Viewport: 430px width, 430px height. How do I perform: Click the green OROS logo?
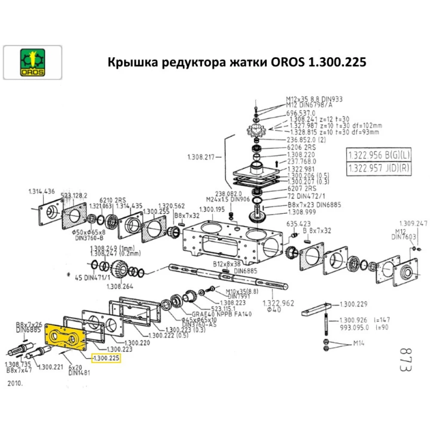(32, 63)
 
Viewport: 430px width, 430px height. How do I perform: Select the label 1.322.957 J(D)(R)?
(378, 168)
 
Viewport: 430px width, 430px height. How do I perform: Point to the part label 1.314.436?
(41, 191)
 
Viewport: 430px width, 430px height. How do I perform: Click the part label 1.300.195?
(212, 209)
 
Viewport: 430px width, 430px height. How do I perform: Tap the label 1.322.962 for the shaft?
(278, 303)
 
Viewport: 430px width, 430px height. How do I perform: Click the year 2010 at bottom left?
(15, 382)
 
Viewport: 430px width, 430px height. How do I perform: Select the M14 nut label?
(359, 343)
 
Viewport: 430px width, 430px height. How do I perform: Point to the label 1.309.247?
(413, 223)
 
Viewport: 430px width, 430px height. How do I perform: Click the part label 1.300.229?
(353, 304)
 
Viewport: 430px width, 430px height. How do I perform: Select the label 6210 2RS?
(113, 200)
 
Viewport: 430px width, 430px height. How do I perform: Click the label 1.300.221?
(51, 367)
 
